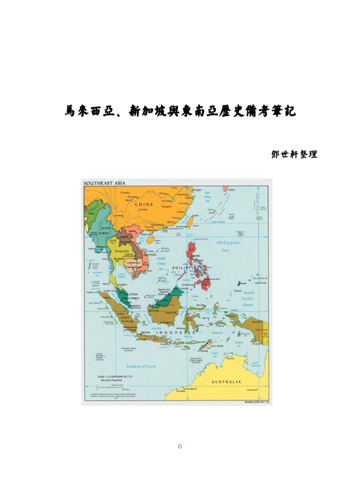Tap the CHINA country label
tap(144, 204)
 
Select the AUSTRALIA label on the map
tap(226, 382)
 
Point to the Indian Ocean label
tap(141, 366)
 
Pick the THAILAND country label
tap(120, 251)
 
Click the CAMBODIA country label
tap(133, 263)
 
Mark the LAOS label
tap(124, 237)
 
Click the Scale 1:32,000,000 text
tap(113, 376)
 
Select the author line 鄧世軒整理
tap(294, 154)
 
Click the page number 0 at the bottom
tap(180, 446)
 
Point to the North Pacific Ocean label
tap(248, 299)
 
